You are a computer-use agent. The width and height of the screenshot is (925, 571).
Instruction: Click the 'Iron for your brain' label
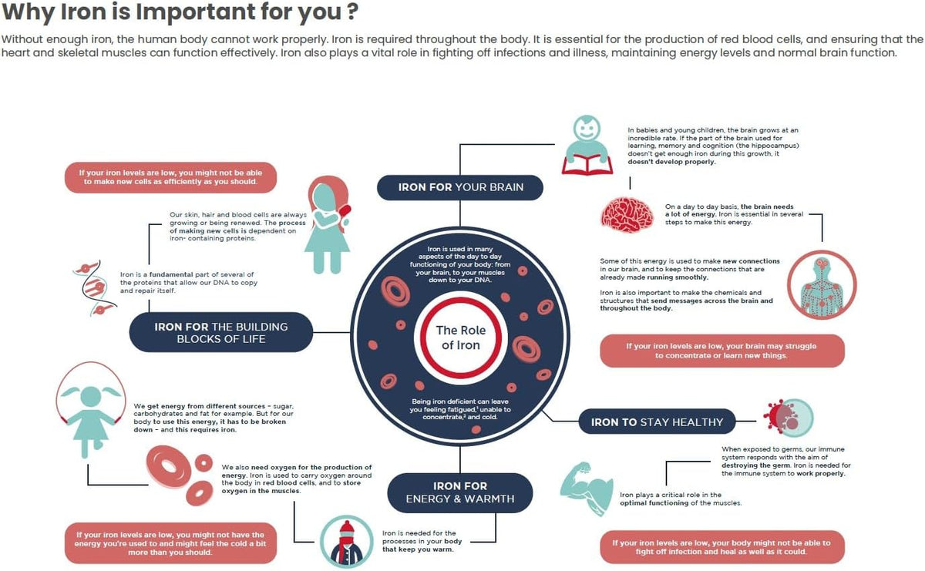point(460,187)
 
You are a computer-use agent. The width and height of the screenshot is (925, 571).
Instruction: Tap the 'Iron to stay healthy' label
point(657,422)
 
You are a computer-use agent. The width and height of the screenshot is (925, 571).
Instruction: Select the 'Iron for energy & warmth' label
point(460,492)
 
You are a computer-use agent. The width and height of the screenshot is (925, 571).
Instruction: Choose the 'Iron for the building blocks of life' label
point(221,332)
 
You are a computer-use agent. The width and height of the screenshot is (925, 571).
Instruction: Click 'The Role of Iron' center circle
point(460,338)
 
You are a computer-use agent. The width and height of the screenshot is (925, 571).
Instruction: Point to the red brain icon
point(627,215)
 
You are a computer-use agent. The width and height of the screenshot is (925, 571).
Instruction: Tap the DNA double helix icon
point(94,287)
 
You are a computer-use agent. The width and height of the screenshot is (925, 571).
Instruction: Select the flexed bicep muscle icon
point(587,489)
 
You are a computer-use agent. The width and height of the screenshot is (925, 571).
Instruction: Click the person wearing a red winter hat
point(346,541)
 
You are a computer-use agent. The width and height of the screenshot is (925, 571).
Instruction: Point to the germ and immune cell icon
point(788,417)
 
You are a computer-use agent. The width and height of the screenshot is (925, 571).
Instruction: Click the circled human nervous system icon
point(822,285)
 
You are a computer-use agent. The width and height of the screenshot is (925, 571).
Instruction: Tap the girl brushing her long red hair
point(328,225)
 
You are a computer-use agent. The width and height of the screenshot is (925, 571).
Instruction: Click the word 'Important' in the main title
point(196,12)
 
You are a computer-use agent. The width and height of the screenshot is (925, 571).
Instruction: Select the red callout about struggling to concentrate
point(722,351)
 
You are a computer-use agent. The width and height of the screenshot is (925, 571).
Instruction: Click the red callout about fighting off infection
point(722,547)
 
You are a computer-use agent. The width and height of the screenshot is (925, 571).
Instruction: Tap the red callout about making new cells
point(170,177)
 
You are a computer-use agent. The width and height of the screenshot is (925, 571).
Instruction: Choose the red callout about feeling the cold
point(170,543)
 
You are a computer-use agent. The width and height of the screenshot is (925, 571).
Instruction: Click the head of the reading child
point(587,129)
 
